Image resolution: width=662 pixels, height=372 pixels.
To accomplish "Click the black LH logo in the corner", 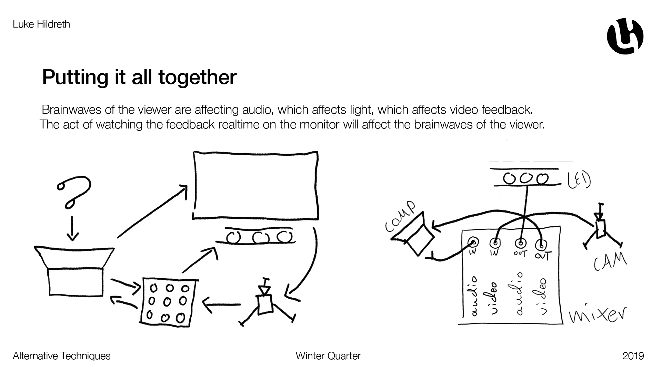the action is pos(625,36).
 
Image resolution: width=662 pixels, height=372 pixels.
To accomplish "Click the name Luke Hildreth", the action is pos(41,24).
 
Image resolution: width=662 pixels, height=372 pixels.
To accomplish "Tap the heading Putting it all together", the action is pos(139,77).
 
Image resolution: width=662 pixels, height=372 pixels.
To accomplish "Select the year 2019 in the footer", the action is pos(633,356).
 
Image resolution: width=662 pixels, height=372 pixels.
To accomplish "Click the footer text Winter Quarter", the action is pos(328,356).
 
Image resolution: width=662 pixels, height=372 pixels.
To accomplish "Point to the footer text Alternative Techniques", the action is pos(62,356).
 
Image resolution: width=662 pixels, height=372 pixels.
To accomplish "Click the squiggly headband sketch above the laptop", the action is pos(75,191).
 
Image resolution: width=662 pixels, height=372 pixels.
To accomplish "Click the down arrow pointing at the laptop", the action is pos(72,229).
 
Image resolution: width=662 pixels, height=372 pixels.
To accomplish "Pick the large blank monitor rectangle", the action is pos(255,185).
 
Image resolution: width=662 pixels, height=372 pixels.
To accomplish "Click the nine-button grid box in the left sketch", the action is pos(169,301).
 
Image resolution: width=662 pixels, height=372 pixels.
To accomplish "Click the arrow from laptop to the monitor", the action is pos(152,211).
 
